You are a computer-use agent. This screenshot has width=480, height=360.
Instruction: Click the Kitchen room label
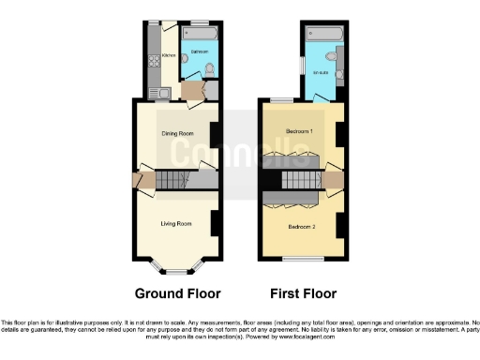(x=169, y=55)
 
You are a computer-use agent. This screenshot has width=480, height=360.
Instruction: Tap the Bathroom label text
(x=200, y=49)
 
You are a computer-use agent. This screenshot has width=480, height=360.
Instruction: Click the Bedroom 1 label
(x=300, y=130)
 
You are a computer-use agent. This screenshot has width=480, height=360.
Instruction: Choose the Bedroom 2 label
(x=300, y=226)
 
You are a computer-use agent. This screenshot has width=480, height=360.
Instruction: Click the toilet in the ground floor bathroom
(x=208, y=67)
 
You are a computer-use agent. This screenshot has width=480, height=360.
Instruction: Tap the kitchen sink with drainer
(x=155, y=92)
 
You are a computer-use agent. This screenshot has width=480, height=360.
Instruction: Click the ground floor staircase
(x=173, y=178)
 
